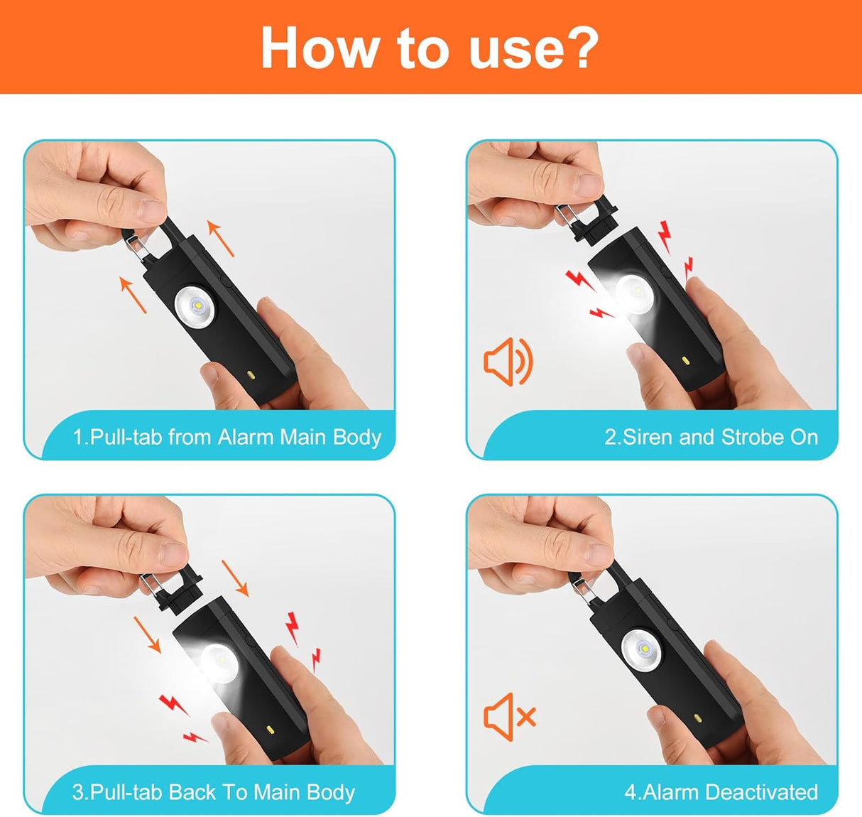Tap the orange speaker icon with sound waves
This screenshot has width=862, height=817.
pyautogui.click(x=508, y=362)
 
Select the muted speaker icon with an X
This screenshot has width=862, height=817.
pyautogui.click(x=510, y=717)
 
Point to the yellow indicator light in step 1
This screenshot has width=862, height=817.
pyautogui.click(x=251, y=374)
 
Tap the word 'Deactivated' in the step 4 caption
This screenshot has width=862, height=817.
pyautogui.click(x=762, y=792)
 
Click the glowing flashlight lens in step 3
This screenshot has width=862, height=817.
pyautogui.click(x=219, y=664)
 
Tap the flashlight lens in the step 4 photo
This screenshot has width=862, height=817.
pyautogui.click(x=643, y=649)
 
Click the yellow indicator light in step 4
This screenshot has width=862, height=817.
pyautogui.click(x=697, y=719)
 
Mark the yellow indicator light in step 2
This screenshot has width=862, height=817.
pyautogui.click(x=686, y=361)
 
